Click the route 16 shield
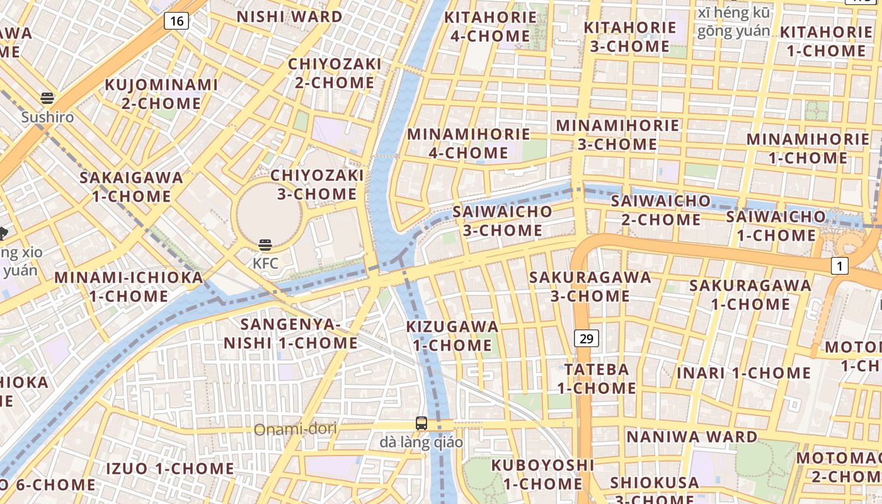(177, 21)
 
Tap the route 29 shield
(587, 338)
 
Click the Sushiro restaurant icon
(47, 98)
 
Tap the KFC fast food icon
(265, 245)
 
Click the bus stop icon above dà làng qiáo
(421, 423)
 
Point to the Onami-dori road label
(295, 430)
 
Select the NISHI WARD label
(290, 16)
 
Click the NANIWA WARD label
(692, 437)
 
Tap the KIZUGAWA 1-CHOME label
(452, 336)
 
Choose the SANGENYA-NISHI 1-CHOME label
(290, 334)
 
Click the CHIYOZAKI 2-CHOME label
(335, 73)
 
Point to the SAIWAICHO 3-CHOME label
(502, 220)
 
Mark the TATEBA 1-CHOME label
(596, 378)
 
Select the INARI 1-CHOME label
(743, 372)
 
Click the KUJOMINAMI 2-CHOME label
(161, 93)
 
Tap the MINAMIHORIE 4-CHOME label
(469, 143)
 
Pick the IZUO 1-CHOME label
(169, 469)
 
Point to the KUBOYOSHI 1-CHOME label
(542, 474)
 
